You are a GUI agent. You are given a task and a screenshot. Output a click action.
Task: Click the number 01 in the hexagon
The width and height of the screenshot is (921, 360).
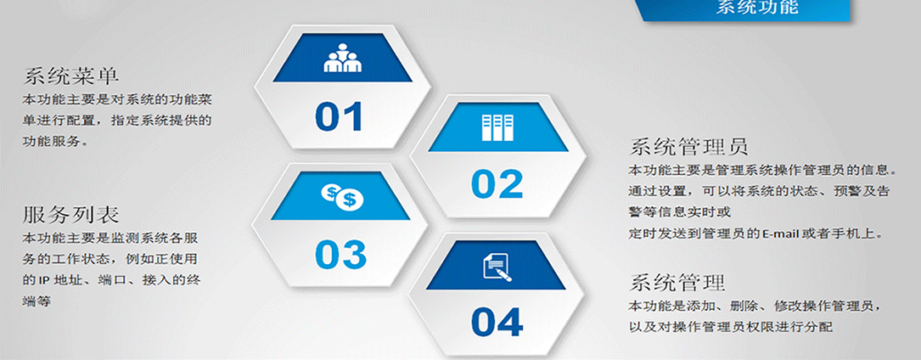(x=340, y=116)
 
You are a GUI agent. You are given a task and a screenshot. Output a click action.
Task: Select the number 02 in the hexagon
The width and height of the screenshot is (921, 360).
(x=497, y=183)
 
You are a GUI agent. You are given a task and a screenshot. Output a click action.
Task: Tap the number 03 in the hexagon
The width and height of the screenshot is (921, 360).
(x=340, y=254)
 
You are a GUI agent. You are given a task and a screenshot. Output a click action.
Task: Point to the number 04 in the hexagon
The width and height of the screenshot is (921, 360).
(x=497, y=322)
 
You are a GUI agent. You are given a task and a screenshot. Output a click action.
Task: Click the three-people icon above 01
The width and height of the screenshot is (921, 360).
(x=342, y=58)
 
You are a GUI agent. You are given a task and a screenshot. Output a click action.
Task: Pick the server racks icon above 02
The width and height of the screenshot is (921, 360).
(x=497, y=127)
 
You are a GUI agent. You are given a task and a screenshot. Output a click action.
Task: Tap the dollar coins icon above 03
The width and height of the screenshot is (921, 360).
(x=342, y=197)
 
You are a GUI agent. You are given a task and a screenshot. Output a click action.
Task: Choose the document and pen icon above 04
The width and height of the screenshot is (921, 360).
(x=497, y=267)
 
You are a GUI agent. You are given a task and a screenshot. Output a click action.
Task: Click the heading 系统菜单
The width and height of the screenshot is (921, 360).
(x=71, y=76)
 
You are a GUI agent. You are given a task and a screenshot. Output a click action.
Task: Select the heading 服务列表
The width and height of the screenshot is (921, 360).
(x=71, y=214)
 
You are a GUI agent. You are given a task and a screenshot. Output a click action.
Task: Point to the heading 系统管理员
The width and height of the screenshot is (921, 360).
(x=688, y=146)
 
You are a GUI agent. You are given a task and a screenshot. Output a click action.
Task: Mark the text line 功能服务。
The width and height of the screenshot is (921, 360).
(x=56, y=142)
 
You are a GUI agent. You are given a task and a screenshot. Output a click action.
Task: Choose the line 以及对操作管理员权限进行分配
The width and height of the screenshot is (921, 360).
(x=731, y=327)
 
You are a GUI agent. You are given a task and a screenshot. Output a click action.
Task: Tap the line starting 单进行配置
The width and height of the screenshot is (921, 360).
(x=116, y=121)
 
